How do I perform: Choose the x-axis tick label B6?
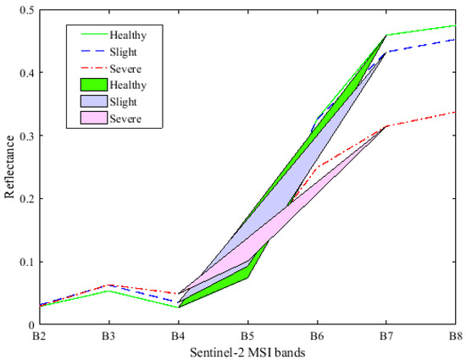coord(317,335)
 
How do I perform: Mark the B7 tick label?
coord(386,335)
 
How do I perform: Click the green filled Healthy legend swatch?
coord(91,85)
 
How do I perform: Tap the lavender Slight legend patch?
coord(91,102)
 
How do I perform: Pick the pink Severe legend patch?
coord(91,119)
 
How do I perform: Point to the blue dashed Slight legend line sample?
coord(91,51)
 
